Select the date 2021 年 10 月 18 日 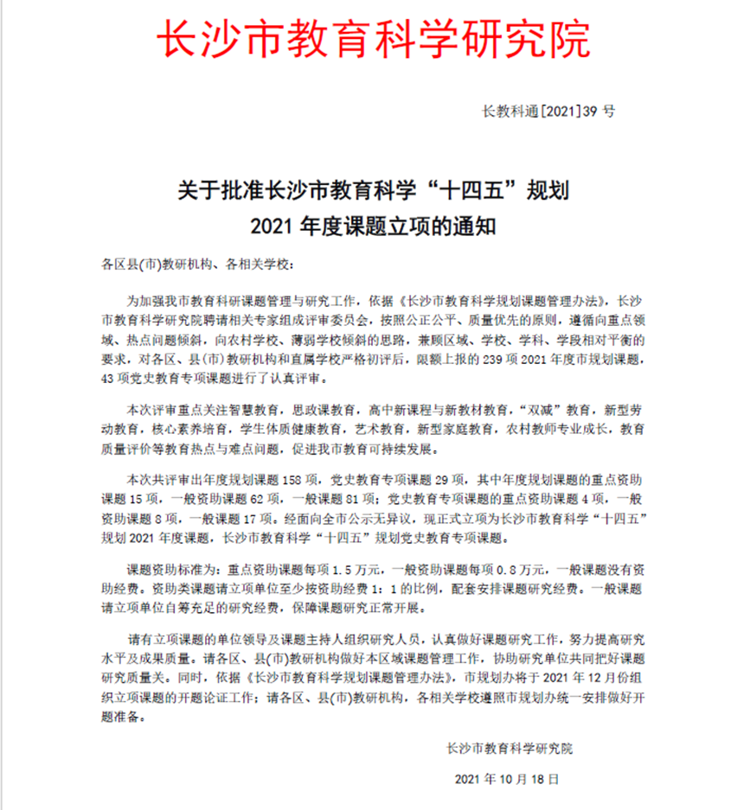click(513, 780)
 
